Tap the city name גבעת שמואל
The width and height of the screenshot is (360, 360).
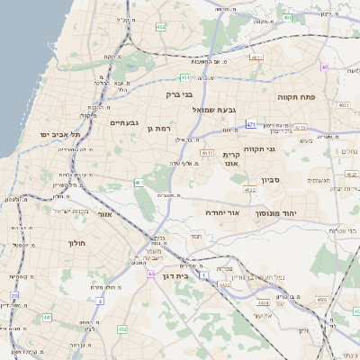click(214, 109)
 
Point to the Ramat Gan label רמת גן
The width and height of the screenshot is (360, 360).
click(158, 129)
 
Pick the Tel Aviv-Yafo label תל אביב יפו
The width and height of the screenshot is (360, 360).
click(60, 134)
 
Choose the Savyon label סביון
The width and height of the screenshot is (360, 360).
click(271, 180)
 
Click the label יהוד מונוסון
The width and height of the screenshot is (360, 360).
click(288, 213)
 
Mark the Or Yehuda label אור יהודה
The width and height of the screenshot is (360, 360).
click(220, 213)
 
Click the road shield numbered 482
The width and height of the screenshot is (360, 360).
click(160, 28)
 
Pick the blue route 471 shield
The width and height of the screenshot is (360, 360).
click(251, 123)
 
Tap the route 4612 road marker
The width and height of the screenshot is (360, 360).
click(208, 153)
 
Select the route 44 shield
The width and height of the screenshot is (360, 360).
click(151, 274)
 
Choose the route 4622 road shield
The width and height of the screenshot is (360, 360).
click(249, 189)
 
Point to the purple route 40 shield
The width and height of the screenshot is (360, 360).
click(324, 65)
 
